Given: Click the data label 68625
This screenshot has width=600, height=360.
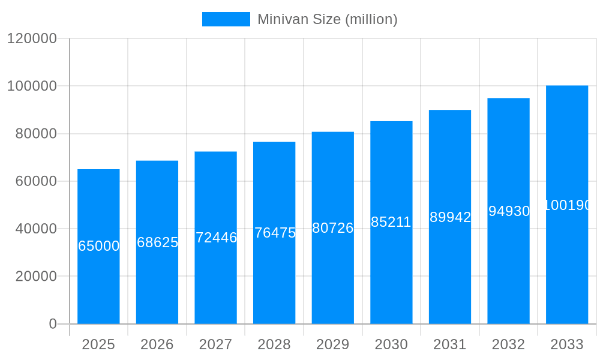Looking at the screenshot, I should click(x=157, y=242).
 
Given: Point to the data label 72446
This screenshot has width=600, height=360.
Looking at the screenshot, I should click(x=216, y=238).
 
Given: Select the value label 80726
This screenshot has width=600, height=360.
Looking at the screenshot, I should click(x=333, y=228).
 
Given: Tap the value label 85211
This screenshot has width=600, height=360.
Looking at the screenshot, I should click(x=391, y=222).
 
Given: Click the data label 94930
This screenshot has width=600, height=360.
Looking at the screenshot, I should click(x=509, y=211).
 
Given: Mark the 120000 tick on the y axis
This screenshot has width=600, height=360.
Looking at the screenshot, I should click(x=32, y=38).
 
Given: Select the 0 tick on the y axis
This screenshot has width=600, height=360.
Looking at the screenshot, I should click(x=53, y=324).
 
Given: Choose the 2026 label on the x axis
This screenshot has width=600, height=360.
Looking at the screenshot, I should click(x=157, y=344).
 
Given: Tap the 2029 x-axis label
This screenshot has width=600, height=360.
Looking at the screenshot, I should click(x=333, y=344).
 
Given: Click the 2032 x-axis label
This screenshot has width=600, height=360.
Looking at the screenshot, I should click(x=508, y=344).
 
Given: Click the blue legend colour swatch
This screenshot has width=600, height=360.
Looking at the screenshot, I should click(x=226, y=19).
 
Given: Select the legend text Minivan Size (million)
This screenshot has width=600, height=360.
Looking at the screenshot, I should click(x=328, y=19).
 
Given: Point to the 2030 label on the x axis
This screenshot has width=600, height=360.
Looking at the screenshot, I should click(x=391, y=344).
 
